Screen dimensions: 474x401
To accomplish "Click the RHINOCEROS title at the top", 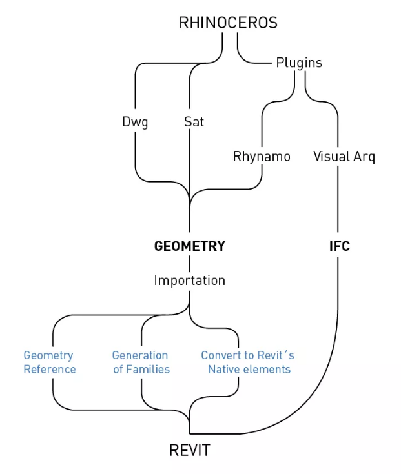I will point(228,23).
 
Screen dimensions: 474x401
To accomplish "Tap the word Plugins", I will point(299,63).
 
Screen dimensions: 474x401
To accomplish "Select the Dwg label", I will point(135,122).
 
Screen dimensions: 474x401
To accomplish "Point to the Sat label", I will point(194,122).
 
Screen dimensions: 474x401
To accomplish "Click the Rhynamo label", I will point(262,157).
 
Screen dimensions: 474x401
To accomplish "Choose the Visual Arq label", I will point(344,157).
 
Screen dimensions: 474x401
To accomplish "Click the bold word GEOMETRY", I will point(189,246).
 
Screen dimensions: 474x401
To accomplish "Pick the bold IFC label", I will point(339,246).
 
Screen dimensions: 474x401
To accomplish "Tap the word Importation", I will point(189,281).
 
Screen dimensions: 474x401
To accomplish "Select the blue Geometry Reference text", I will point(50,362).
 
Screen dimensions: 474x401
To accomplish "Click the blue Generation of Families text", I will point(141,362).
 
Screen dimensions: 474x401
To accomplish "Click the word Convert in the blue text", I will point(221,355).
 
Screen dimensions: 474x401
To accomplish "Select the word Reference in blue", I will point(50,370).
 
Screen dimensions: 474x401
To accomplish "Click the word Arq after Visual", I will point(364,157).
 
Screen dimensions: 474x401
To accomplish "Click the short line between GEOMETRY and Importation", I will point(189,263).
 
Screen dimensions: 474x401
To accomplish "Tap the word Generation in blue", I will point(140,355).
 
